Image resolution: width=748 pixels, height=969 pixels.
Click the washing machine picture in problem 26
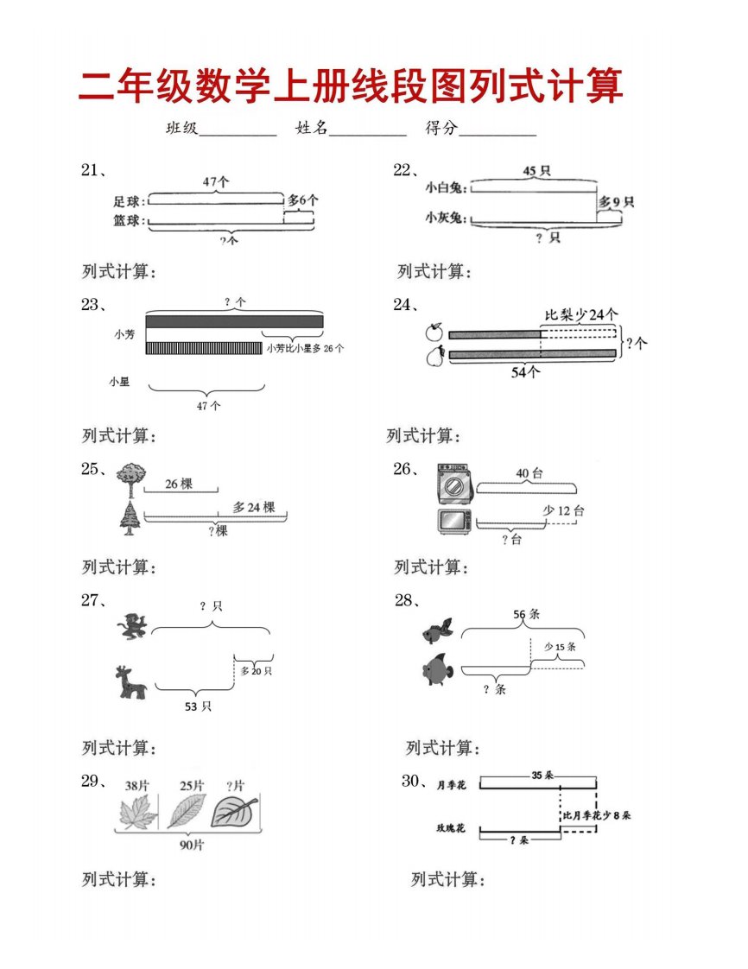pos(454,484)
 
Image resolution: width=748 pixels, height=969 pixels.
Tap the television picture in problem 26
pos(455,522)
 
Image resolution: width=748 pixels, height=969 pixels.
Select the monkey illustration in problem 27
pos(133,626)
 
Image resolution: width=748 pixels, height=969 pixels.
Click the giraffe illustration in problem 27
pos(130,682)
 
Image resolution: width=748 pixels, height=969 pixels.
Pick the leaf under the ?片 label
pos(234,812)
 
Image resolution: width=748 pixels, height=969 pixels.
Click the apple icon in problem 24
pos(434,332)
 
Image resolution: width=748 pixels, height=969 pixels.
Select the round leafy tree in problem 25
pos(131,480)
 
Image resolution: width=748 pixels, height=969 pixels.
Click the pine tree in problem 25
pos(130,518)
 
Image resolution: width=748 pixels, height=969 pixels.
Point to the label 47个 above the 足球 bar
pos(216,181)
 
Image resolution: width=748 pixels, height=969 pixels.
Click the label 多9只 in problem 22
pos(616,202)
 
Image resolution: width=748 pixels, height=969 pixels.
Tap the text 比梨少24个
pos(581,314)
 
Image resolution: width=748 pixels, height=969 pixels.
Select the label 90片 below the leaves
pos(192,845)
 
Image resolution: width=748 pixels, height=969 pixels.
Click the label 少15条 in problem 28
pos(560,646)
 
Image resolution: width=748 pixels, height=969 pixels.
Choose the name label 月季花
pos(451,785)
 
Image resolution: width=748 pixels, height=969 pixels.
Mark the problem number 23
pos(90,305)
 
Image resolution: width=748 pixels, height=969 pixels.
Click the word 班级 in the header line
pos(181,128)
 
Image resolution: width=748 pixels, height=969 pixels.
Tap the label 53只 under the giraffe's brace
pos(198,706)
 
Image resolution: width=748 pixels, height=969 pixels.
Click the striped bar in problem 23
pos(204,349)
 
